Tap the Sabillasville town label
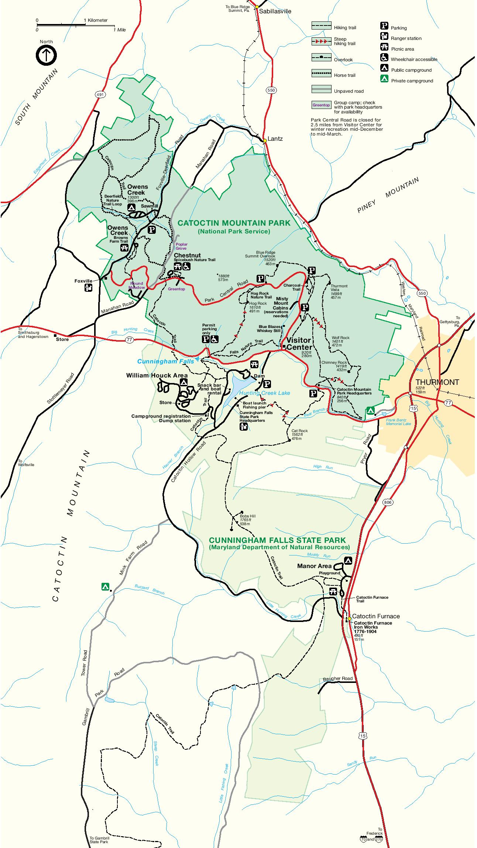click(x=275, y=11)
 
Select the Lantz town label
click(x=275, y=139)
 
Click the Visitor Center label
click(x=299, y=343)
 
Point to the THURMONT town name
click(x=437, y=382)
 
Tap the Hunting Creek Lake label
click(x=264, y=393)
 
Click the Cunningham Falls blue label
click(x=165, y=361)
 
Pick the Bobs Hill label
click(x=247, y=516)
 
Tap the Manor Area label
click(x=312, y=566)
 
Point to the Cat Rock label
click(x=299, y=431)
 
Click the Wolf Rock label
click(x=340, y=338)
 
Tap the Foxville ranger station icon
click(x=88, y=288)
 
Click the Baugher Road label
click(x=337, y=678)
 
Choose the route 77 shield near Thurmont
click(x=448, y=403)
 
